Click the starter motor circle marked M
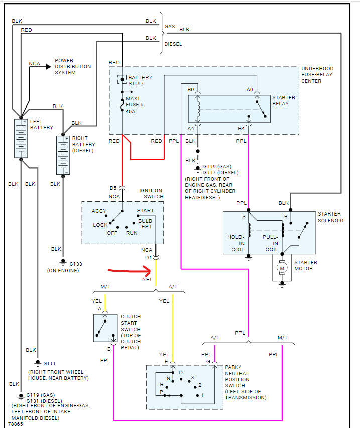pos(282,268)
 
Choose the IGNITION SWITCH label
pos(150,194)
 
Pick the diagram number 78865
pos(16,424)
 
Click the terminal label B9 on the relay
pos(191,89)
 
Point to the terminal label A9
pos(250,89)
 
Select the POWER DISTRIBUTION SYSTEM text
pos(73,66)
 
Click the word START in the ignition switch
pos(145,211)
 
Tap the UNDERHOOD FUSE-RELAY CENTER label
pos(317,75)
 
